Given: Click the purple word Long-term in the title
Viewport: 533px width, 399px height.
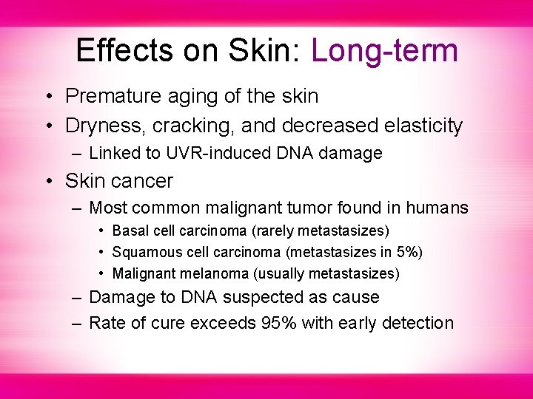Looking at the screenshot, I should click(x=384, y=51).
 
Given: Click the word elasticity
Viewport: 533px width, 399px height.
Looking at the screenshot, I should click(x=423, y=126).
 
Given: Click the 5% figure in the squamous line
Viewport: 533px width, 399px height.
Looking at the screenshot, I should click(x=407, y=253).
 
